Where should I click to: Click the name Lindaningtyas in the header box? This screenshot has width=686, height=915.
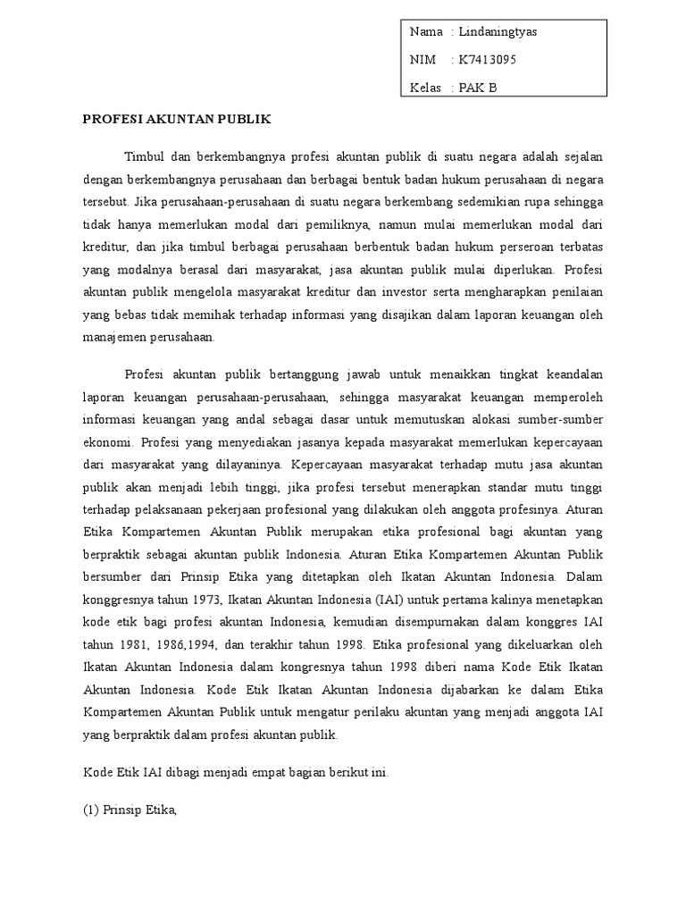coord(498,32)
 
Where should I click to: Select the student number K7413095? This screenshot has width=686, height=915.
coord(488,60)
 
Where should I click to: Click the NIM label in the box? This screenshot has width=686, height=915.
coord(423,60)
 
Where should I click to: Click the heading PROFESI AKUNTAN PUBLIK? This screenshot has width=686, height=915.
coord(177,118)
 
